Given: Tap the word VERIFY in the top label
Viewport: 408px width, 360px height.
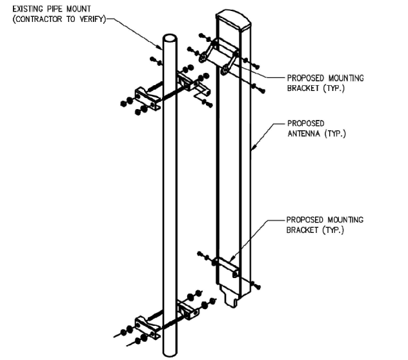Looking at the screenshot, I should click(x=92, y=19).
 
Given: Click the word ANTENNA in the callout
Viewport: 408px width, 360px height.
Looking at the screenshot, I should click(x=303, y=134).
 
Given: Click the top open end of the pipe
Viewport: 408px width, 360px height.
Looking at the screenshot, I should click(x=170, y=38).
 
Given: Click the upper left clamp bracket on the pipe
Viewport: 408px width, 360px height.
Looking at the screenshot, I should click(x=148, y=95).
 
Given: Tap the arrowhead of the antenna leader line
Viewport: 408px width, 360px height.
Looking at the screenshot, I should click(x=253, y=150).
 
